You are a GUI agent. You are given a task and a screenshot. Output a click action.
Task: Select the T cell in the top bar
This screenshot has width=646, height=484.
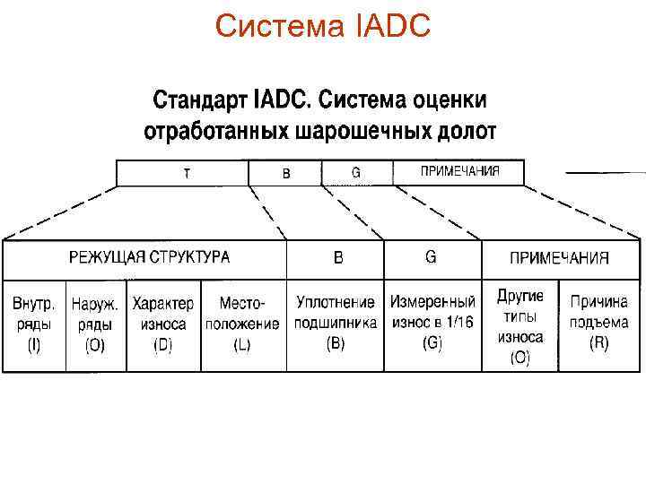point(186,173)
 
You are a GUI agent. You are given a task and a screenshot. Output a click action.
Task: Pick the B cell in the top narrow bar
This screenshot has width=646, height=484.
point(286,173)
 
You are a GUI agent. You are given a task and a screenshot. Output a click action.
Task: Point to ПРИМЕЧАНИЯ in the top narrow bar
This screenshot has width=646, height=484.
point(460,171)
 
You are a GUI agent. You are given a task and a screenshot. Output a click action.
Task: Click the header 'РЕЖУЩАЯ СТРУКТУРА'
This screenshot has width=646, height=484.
point(150,257)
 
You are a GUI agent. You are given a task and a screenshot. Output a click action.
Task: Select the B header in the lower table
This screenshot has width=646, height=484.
point(338,258)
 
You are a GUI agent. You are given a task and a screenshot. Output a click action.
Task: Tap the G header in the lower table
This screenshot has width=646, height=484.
point(431,257)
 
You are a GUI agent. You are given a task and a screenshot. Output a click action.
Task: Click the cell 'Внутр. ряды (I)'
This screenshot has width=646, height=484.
point(35,324)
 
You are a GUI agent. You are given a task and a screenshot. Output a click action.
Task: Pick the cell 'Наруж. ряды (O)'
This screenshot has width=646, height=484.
point(95,324)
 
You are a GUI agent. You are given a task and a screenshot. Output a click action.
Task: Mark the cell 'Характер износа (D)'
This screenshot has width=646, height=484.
point(163,324)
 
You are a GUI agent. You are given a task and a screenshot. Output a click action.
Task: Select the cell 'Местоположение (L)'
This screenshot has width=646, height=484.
point(242,324)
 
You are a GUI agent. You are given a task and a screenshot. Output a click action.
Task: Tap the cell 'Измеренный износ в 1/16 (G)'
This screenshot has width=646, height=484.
point(432,324)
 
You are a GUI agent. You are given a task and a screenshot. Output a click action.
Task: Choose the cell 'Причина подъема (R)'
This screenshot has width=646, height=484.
point(598,324)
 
